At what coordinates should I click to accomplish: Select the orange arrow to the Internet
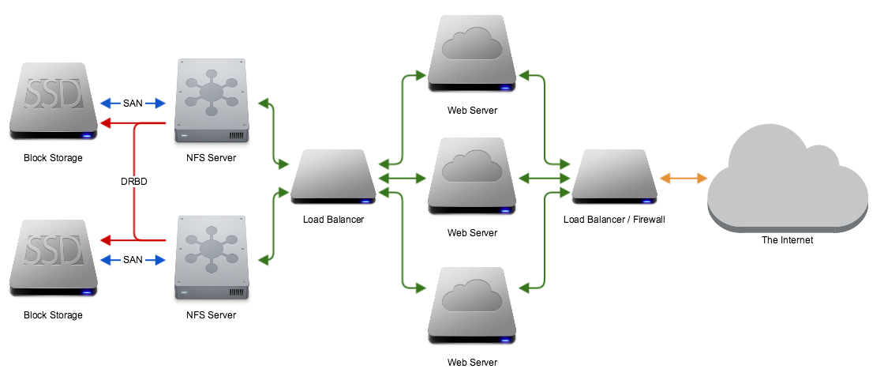(684, 179)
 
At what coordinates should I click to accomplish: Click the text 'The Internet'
(788, 240)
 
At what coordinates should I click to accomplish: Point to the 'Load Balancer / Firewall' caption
(614, 219)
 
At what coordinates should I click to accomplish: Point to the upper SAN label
(133, 104)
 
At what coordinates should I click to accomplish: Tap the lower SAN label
(133, 259)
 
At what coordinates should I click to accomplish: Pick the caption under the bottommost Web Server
(472, 363)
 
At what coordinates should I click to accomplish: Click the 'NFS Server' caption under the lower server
(211, 315)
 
